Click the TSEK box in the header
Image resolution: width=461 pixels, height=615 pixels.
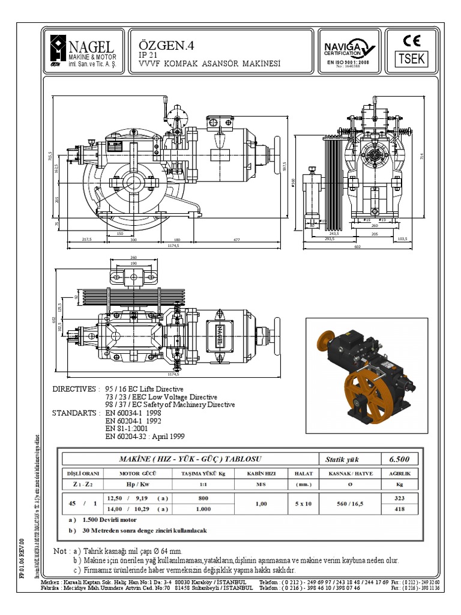click(412, 59)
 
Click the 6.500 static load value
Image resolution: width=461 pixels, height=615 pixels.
click(399, 459)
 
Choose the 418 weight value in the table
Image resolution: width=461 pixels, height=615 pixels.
click(399, 509)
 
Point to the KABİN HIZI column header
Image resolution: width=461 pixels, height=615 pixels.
click(261, 473)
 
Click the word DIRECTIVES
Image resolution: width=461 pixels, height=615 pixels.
click(74, 389)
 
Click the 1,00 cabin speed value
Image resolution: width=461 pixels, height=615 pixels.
click(261, 503)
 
